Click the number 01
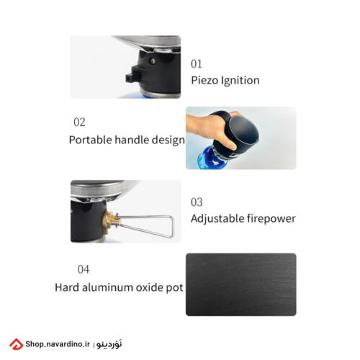coord(197,64)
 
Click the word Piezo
coord(204,81)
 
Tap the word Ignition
coord(240,81)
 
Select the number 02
coord(79,122)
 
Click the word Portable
coord(90,140)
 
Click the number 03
coord(197,202)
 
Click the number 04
coord(84,269)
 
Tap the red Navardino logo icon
coord(16,344)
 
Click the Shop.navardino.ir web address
coord(58,344)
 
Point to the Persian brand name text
coord(109,344)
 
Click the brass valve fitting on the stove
coord(110,220)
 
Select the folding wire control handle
coord(145,225)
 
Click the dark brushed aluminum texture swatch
coord(241,284)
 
